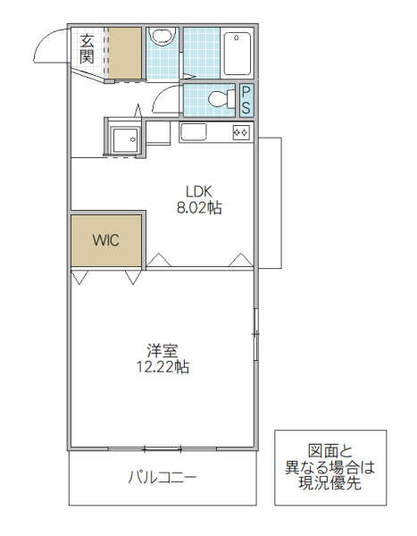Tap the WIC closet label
[x=105, y=240]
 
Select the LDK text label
[x=199, y=190]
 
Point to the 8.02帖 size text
[x=199, y=208]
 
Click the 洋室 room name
[x=162, y=348]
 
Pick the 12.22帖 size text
[x=162, y=366]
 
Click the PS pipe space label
[x=246, y=99]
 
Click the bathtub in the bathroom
[x=237, y=53]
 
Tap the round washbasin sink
[x=162, y=38]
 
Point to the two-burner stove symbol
[x=241, y=132]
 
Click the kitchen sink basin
[x=194, y=133]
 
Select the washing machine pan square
[x=124, y=139]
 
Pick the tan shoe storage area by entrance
[x=125, y=54]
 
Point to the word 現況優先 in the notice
[x=329, y=484]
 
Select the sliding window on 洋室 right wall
[x=255, y=334]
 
